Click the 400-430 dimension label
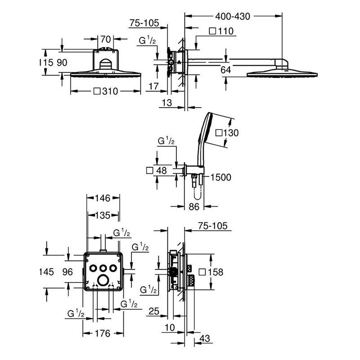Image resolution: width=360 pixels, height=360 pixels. [x=233, y=17]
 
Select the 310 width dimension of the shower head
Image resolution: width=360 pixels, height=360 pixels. [x=106, y=91]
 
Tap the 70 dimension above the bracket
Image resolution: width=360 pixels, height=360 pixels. [x=106, y=39]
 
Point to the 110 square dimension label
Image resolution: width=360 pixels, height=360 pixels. [x=221, y=31]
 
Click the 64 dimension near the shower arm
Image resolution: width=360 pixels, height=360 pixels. [x=225, y=70]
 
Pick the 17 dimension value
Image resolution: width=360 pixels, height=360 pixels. [x=153, y=86]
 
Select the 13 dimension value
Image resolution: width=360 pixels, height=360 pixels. [x=166, y=103]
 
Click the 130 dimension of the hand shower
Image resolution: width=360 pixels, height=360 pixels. [x=227, y=133]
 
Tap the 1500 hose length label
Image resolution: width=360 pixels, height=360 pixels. [x=220, y=177]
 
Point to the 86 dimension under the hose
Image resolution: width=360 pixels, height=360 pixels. [x=194, y=207]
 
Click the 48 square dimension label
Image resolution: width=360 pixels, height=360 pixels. [x=157, y=171]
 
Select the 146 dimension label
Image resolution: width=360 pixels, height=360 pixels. [x=103, y=198]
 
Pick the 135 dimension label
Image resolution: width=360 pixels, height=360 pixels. [x=103, y=216]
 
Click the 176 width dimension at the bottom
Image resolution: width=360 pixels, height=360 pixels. [x=103, y=333]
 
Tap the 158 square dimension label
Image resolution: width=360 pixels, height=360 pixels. [x=211, y=272]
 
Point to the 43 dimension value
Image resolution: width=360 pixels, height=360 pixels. [x=205, y=338]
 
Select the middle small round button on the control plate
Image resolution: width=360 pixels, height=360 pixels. [x=103, y=268]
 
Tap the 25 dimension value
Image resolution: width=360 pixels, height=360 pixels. [x=154, y=311]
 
